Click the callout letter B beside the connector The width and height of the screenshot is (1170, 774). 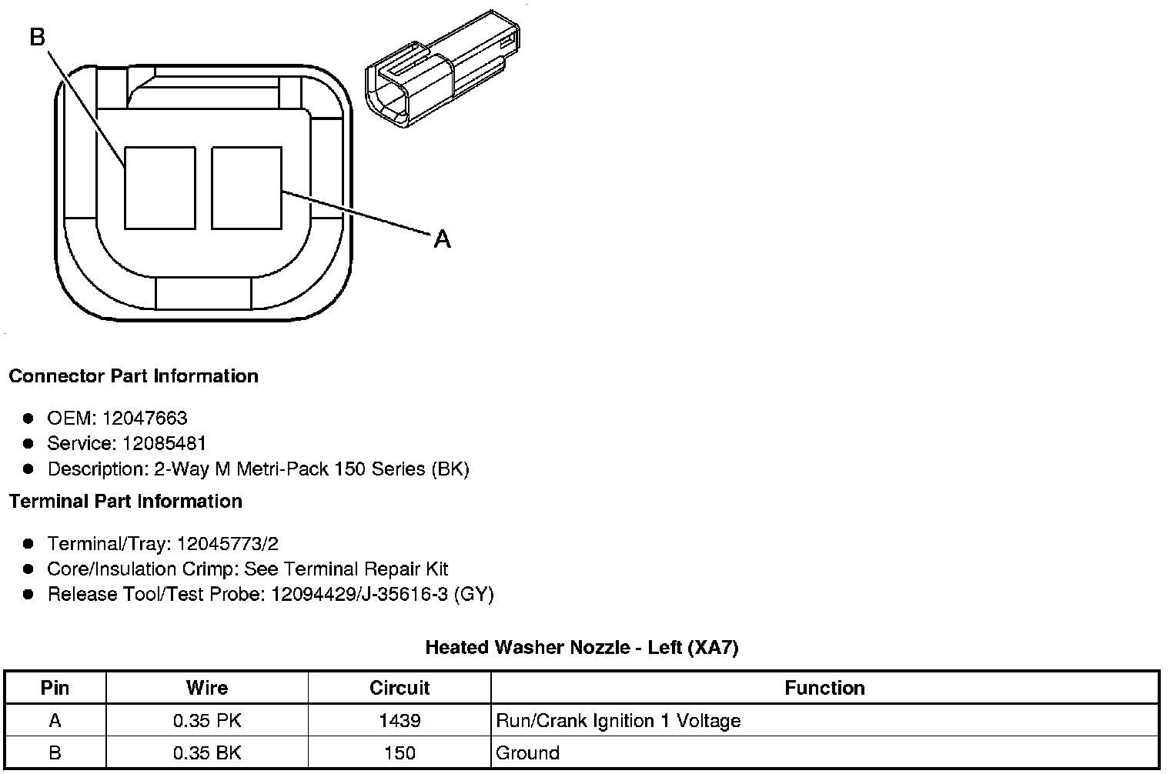click(38, 36)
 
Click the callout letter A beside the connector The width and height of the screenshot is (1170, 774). click(442, 239)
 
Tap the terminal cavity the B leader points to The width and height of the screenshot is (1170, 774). click(159, 188)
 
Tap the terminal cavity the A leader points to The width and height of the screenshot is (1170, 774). click(246, 188)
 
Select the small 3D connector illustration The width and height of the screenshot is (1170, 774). click(442, 69)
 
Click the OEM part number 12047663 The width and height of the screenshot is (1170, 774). click(145, 418)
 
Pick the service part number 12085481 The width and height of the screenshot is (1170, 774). click(164, 443)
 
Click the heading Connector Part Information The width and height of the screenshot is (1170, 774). click(133, 376)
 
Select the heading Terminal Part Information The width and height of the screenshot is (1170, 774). click(125, 502)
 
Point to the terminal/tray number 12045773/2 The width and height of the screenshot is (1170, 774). click(227, 544)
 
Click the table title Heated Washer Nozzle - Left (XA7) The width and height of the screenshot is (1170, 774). click(582, 648)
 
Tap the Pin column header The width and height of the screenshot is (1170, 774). click(55, 688)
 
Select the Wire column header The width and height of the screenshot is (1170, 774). click(207, 688)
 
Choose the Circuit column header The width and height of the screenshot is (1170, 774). click(399, 688)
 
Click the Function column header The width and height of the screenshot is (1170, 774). click(824, 688)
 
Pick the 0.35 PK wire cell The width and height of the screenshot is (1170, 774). click(207, 721)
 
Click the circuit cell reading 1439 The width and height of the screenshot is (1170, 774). click(399, 721)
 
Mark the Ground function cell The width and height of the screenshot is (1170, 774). click(527, 752)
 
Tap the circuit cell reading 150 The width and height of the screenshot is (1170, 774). click(399, 752)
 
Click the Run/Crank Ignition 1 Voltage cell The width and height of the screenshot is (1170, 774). click(618, 721)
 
